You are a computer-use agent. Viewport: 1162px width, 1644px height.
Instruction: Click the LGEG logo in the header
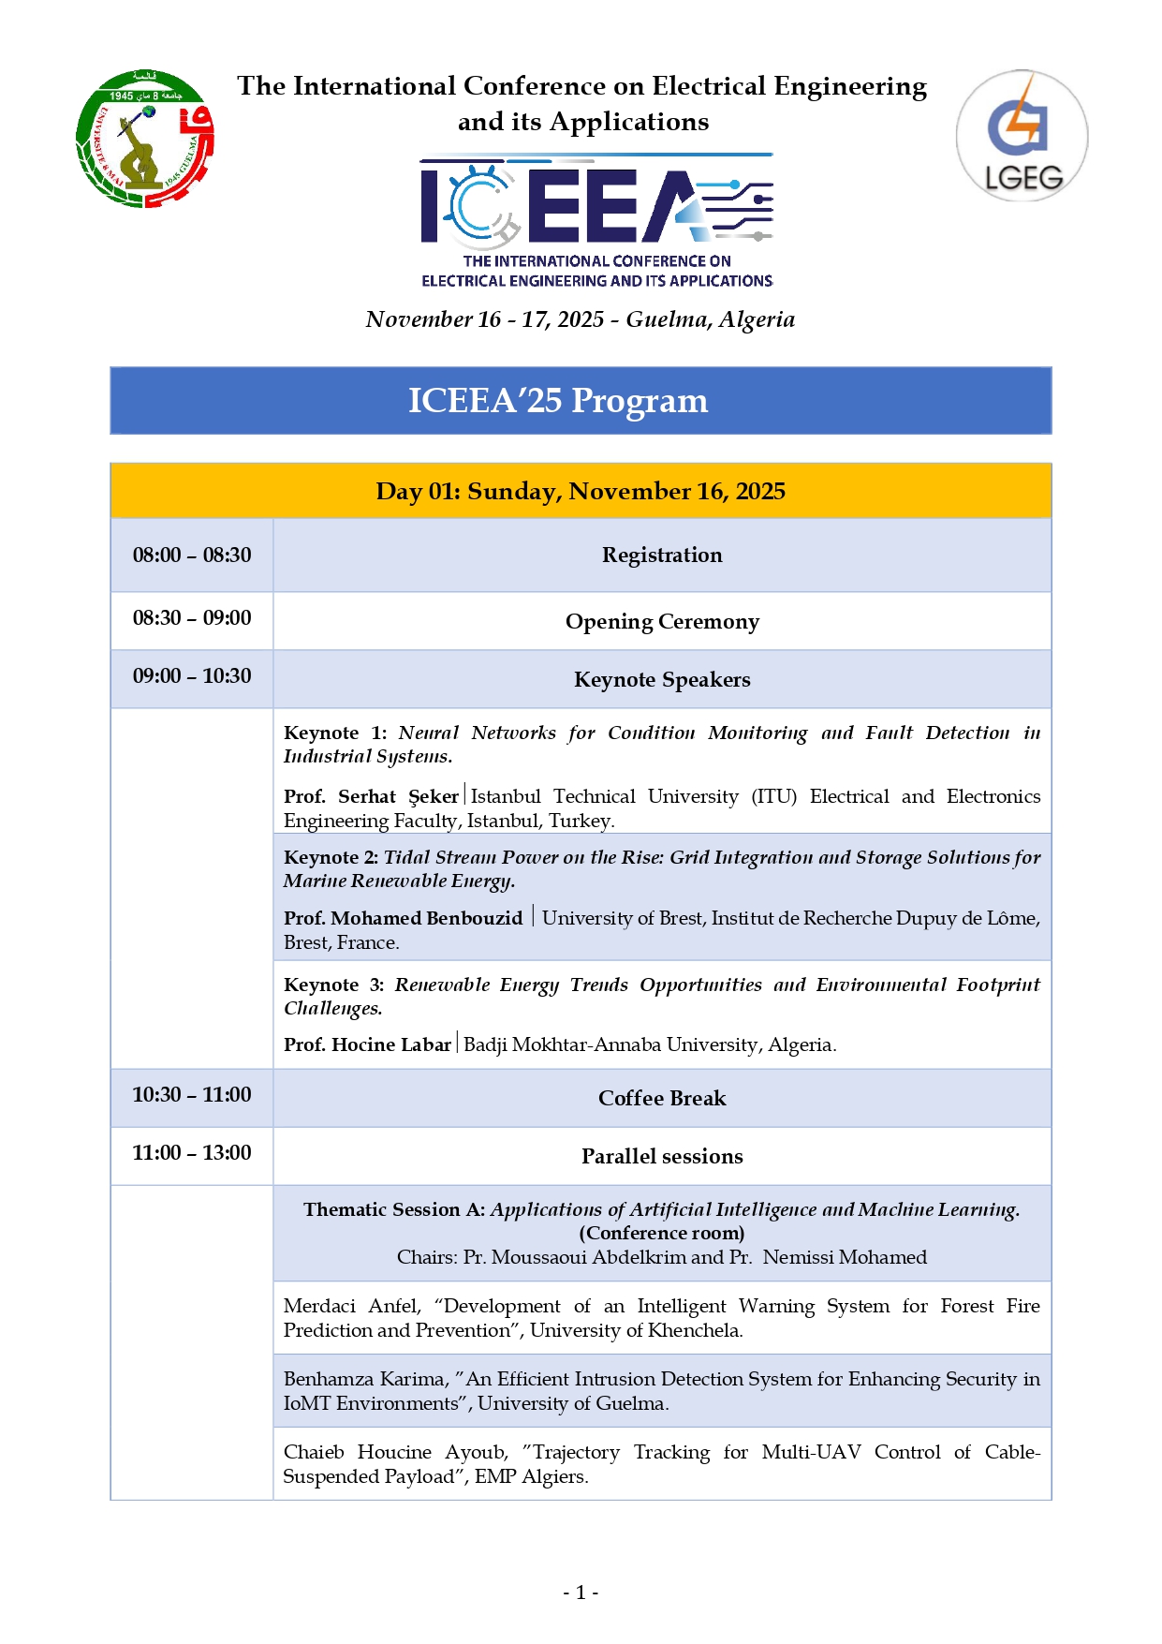pyautogui.click(x=1022, y=136)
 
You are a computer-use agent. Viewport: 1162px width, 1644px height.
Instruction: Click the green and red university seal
pyautogui.click(x=144, y=139)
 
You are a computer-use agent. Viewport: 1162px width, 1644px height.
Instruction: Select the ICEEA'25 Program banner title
pyautogui.click(x=558, y=401)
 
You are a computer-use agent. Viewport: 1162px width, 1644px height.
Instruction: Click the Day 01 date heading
pyautogui.click(x=581, y=492)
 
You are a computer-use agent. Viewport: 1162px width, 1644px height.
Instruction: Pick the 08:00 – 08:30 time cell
pyautogui.click(x=192, y=555)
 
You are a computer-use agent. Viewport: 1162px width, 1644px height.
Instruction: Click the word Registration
pyautogui.click(x=662, y=555)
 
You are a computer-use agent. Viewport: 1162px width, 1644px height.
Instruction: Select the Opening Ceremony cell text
pyautogui.click(x=662, y=622)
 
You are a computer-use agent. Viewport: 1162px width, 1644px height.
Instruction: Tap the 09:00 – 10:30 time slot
pyautogui.click(x=192, y=676)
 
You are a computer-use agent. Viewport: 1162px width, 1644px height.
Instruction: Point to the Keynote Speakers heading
pyautogui.click(x=662, y=680)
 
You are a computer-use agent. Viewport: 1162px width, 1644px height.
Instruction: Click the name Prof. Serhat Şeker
pyautogui.click(x=371, y=796)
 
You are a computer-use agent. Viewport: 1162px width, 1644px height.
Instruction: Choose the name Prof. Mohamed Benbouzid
pyautogui.click(x=404, y=918)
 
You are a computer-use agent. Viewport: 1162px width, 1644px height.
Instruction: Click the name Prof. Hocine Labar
pyautogui.click(x=367, y=1044)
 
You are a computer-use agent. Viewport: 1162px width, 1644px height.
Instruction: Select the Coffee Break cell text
pyautogui.click(x=662, y=1099)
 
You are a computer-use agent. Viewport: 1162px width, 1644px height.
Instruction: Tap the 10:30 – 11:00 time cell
pyautogui.click(x=192, y=1095)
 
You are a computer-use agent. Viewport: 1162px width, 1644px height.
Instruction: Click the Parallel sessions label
pyautogui.click(x=662, y=1157)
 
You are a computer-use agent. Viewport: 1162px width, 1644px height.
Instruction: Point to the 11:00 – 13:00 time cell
pyautogui.click(x=192, y=1153)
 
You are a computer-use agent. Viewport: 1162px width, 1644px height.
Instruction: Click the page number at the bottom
pyautogui.click(x=581, y=1592)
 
